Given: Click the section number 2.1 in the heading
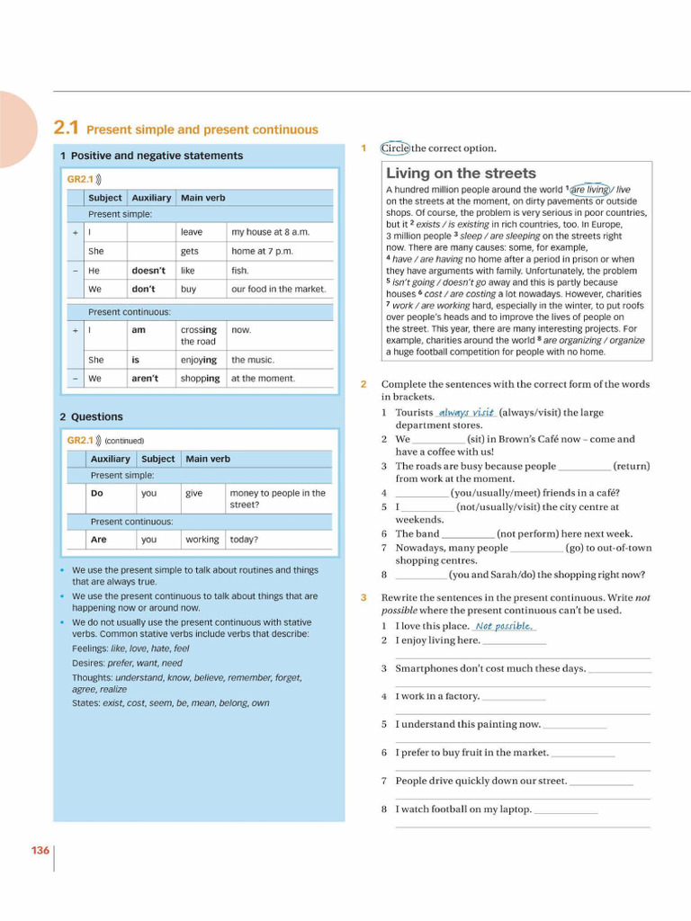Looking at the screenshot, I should click(x=67, y=129).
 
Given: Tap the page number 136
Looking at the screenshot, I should click(x=40, y=850).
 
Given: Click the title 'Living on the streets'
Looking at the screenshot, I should click(x=461, y=174).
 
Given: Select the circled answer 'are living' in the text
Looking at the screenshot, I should click(x=589, y=190).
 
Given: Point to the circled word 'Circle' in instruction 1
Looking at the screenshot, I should click(x=395, y=148).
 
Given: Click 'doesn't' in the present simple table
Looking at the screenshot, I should click(x=148, y=270).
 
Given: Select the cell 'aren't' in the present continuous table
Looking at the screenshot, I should click(x=145, y=379).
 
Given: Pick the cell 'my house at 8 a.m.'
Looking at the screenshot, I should click(x=270, y=232).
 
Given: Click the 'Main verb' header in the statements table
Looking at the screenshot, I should click(x=202, y=198).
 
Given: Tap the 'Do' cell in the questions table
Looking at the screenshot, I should click(x=97, y=493).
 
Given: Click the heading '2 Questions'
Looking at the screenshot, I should click(x=91, y=417).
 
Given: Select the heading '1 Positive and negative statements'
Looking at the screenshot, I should click(x=151, y=156).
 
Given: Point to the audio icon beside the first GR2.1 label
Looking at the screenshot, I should click(x=98, y=180).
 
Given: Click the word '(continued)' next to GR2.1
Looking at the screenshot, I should click(x=124, y=441).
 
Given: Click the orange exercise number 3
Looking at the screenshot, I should click(x=363, y=598).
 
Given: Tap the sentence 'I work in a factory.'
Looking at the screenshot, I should click(x=437, y=696).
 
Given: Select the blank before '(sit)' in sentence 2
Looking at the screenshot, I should click(x=438, y=440).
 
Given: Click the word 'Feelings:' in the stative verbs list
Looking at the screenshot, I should click(x=89, y=648).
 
